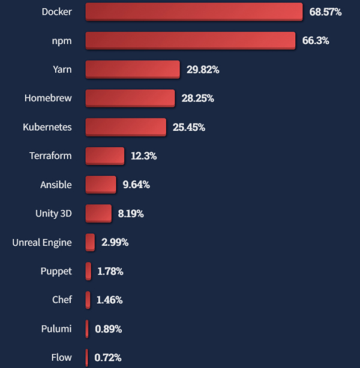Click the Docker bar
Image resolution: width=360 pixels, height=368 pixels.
194,12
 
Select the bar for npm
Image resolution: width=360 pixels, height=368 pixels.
190,41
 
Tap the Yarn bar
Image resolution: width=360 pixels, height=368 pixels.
133,70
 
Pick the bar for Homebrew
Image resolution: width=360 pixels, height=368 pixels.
130,98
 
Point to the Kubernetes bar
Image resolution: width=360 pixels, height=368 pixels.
126,127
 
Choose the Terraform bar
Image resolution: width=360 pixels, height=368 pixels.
105,156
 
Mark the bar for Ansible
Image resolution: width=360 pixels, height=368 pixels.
101,185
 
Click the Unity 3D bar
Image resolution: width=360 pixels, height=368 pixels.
98,213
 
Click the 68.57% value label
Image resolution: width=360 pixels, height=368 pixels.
325,12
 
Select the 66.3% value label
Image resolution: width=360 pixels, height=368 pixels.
316,41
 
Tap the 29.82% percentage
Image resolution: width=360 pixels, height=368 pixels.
203,70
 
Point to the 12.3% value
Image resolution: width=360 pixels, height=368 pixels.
144,156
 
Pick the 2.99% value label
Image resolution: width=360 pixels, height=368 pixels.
115,243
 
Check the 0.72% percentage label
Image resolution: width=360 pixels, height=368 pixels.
108,358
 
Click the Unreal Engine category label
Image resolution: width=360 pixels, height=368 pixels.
42,243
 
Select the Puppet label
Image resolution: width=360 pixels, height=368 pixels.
56,272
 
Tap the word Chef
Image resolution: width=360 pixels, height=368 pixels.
62,300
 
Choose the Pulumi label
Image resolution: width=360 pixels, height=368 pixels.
56,329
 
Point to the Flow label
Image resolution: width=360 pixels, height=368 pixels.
61,358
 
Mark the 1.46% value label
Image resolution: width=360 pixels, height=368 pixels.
109,300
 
